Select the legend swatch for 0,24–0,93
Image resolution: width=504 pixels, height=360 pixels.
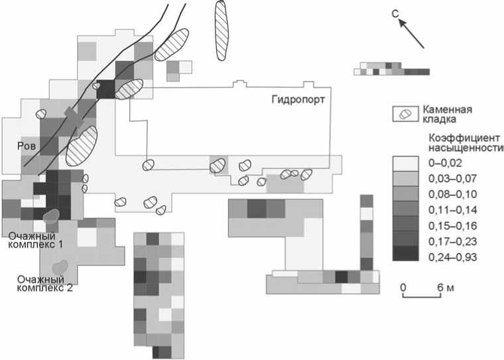pyautogui.click(x=405, y=253)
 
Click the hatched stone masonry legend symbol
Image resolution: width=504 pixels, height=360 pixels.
pyautogui.click(x=405, y=113)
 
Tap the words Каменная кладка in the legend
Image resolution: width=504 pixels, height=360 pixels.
pyautogui.click(x=447, y=114)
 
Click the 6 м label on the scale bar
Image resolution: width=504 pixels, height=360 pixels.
pyautogui.click(x=446, y=286)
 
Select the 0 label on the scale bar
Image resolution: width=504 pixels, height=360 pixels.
pyautogui.click(x=404, y=286)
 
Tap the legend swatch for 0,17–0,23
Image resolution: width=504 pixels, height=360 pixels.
pyautogui.click(x=405, y=238)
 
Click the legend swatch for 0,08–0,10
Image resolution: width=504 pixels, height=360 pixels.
pyautogui.click(x=405, y=194)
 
